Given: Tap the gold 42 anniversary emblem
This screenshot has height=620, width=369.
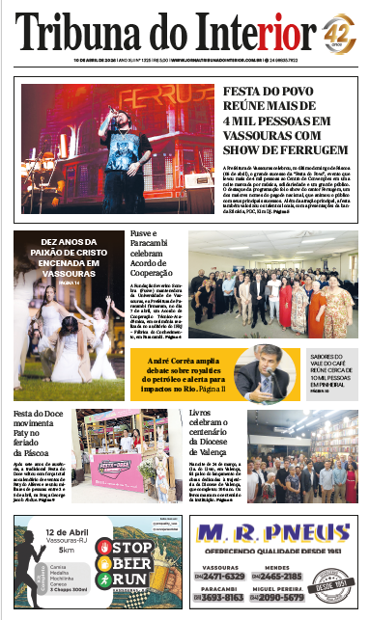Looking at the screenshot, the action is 339,31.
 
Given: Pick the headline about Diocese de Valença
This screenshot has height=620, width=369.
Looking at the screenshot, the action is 213,428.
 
